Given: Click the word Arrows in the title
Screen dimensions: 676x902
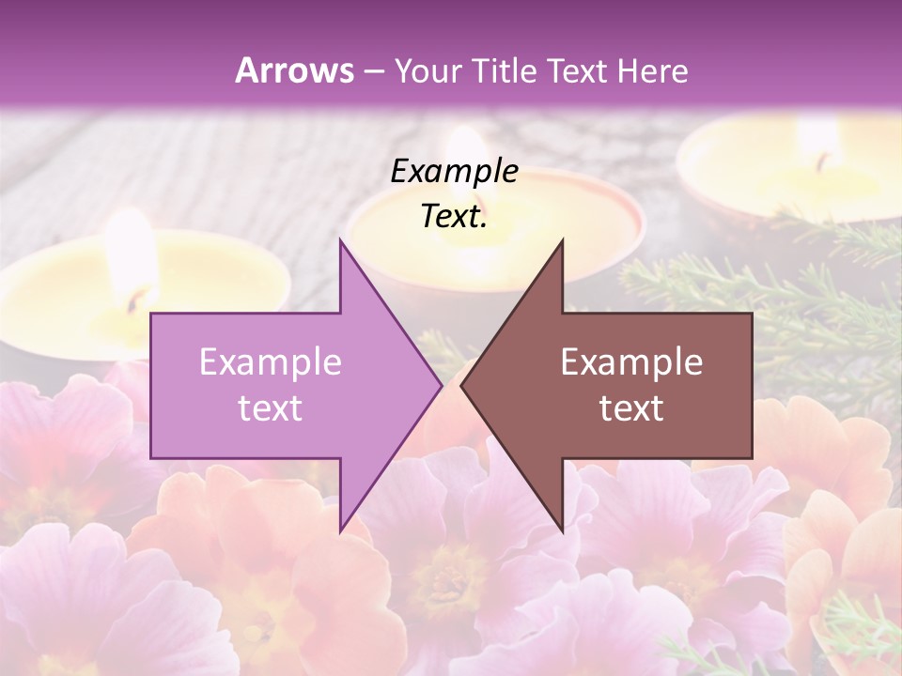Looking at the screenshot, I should [x=295, y=70].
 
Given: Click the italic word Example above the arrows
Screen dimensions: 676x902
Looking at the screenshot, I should [x=454, y=171].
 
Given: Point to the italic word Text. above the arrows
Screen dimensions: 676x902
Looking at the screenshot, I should [x=454, y=217].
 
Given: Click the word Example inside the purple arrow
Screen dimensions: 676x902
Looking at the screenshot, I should [x=270, y=361].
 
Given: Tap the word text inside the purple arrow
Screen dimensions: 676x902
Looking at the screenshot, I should [x=270, y=407].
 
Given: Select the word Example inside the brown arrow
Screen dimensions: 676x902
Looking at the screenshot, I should [x=631, y=361].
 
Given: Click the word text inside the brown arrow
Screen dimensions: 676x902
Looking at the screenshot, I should [x=631, y=407].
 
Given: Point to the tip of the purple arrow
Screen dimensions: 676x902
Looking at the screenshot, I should [x=442, y=385].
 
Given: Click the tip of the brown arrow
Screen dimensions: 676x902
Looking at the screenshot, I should [x=461, y=385].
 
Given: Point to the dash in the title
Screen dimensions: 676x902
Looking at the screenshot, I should [x=372, y=71].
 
